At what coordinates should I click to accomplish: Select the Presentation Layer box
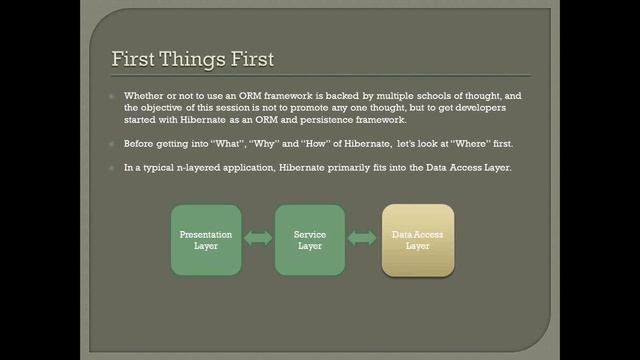tap(206, 240)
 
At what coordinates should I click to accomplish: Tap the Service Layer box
tap(310, 240)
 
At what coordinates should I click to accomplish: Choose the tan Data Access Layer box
tap(418, 240)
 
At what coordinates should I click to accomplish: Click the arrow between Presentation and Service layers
tap(258, 239)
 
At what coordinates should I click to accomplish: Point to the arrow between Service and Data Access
tap(363, 239)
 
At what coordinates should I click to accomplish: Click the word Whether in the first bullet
tap(143, 96)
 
